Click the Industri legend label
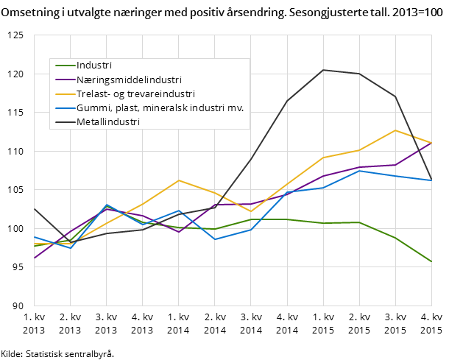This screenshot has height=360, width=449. [x=94, y=66]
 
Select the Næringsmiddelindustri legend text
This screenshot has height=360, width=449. [x=129, y=80]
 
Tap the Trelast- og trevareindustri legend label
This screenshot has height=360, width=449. [x=135, y=93]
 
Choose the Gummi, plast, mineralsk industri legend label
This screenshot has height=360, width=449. [x=160, y=107]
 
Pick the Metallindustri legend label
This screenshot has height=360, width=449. [x=107, y=122]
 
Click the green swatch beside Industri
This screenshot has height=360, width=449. [x=66, y=66]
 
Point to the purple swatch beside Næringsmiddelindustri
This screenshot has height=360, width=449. [x=66, y=80]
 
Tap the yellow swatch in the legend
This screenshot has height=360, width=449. [x=66, y=93]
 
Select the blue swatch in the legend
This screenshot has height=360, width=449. [x=66, y=108]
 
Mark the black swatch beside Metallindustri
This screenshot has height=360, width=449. [x=66, y=122]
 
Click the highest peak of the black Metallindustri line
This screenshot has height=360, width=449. [x=323, y=70]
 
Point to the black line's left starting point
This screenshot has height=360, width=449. [x=34, y=208]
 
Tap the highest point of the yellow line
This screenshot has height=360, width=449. [x=395, y=130]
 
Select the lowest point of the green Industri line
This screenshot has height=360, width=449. [x=431, y=261]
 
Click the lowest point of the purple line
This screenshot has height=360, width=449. [x=34, y=258]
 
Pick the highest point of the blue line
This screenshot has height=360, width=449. [x=359, y=171]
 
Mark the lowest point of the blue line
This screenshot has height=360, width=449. [x=70, y=248]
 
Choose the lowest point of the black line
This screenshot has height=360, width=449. [x=70, y=241]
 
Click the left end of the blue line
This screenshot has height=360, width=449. [x=34, y=237]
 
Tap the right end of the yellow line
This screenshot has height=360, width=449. [x=431, y=143]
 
